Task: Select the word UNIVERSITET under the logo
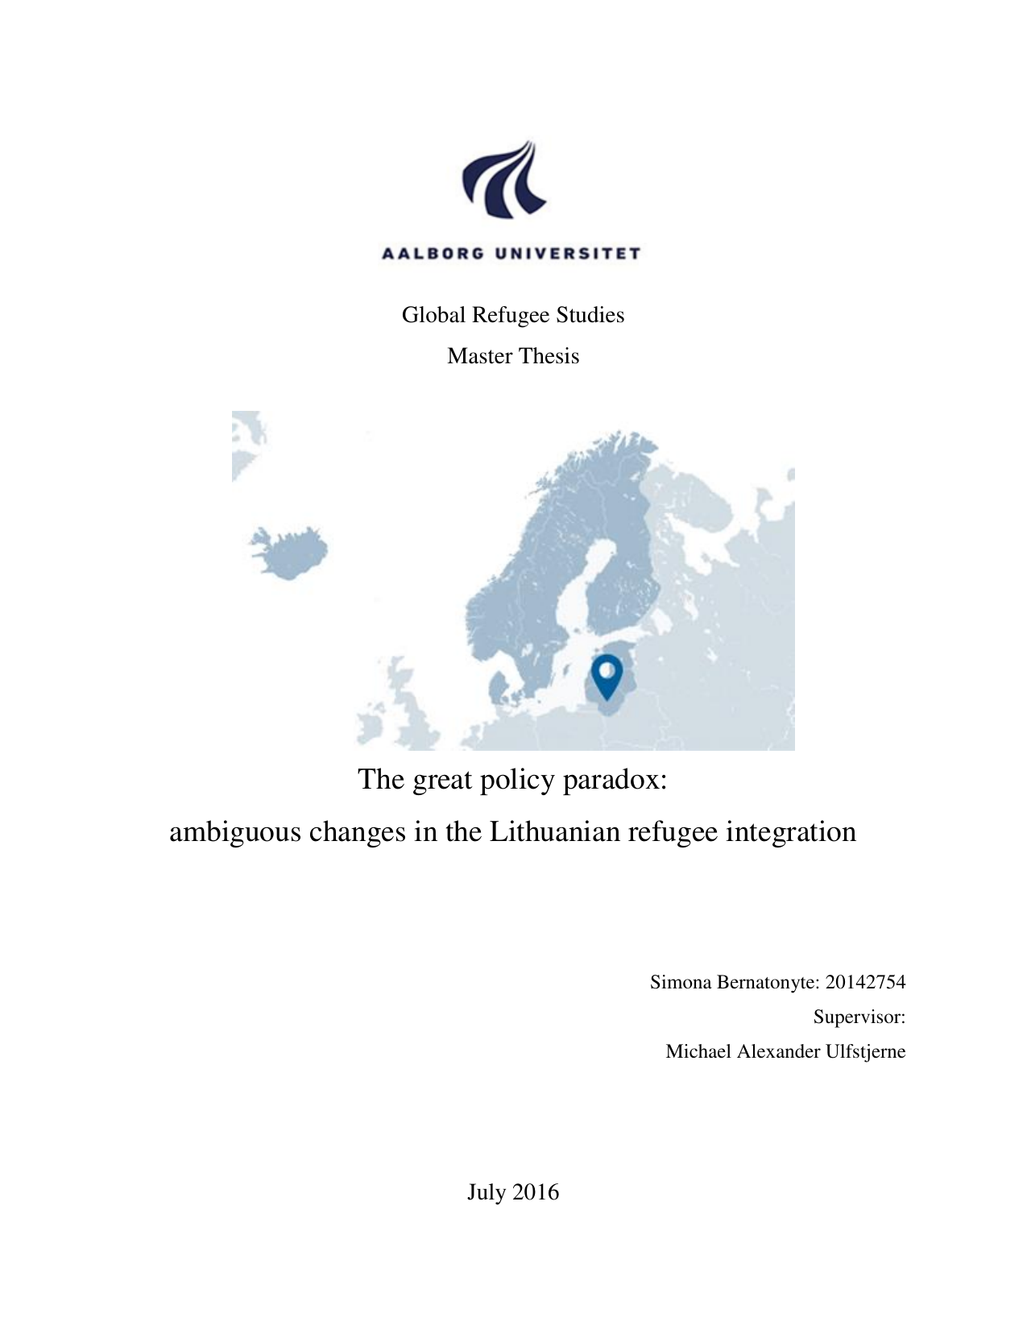point(568,254)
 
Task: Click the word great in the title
point(442,780)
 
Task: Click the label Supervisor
point(859,1017)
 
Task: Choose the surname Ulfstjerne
point(865,1051)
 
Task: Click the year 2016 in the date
point(535,1192)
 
